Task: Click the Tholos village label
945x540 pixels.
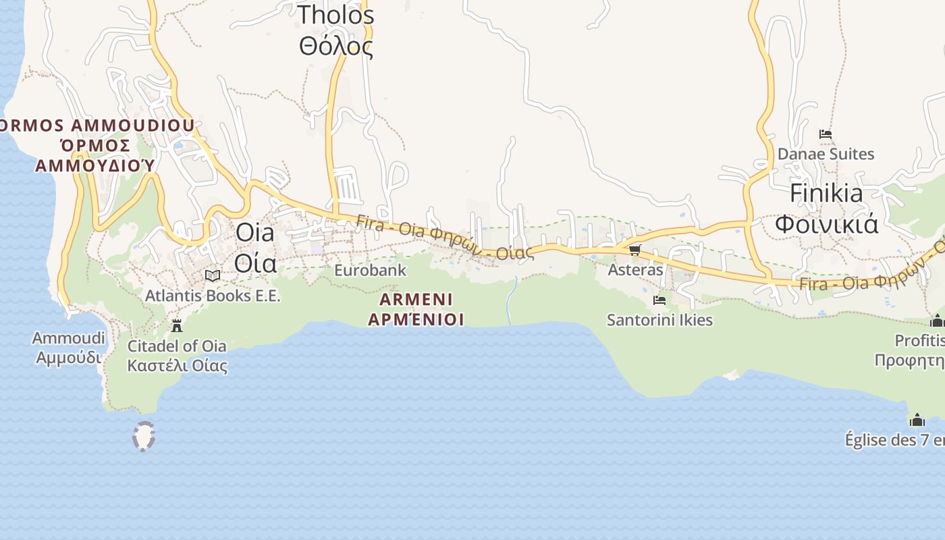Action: point(335,30)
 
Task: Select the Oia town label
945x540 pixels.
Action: point(255,247)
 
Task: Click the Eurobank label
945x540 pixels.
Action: point(370,271)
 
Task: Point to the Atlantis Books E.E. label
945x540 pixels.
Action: point(213,296)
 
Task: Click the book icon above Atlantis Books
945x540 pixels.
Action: point(213,275)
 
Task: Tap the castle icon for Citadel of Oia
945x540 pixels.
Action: point(177,326)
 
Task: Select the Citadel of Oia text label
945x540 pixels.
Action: point(177,356)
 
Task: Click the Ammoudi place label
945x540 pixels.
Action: point(69,347)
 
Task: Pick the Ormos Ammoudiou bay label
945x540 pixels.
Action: point(96,145)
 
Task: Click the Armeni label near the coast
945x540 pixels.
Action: point(416,309)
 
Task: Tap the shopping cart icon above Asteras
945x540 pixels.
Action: point(634,250)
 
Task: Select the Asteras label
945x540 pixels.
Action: point(635,270)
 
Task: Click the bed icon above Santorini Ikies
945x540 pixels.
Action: point(659,300)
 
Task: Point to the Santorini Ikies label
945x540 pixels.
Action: point(659,320)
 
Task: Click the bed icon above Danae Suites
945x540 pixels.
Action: point(825,134)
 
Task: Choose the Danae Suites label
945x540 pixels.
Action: point(826,154)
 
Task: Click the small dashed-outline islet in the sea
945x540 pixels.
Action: point(143,436)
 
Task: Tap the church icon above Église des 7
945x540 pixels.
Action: point(917,421)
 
